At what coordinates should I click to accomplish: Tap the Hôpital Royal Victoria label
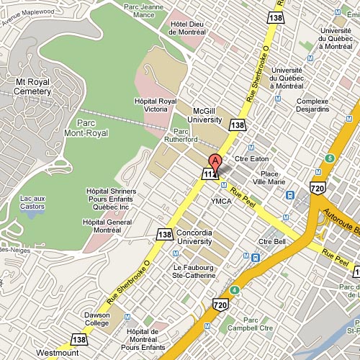coord(156,106)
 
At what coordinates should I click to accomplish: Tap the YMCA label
coord(220,202)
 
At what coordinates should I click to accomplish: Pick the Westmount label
coord(57,354)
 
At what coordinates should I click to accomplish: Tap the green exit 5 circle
coord(329,158)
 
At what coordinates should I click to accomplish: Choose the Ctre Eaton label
coord(267,158)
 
